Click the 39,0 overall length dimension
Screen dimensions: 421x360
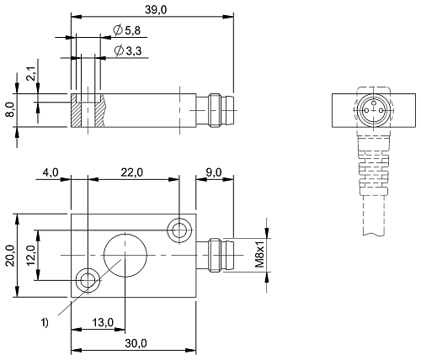point(156,9)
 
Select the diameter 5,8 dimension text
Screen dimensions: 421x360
point(127,30)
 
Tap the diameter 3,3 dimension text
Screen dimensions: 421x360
point(128,50)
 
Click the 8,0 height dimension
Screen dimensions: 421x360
point(10,109)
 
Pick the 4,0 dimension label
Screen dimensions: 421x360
point(51,172)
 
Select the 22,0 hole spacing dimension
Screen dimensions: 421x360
point(132,172)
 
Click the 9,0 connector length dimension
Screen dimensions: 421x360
point(214,172)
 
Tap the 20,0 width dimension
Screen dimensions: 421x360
point(10,256)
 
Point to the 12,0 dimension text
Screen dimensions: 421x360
point(30,255)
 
